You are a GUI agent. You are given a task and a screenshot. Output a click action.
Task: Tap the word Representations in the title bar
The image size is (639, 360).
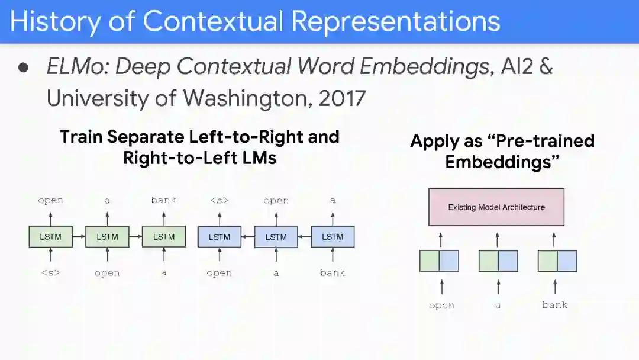[395, 21]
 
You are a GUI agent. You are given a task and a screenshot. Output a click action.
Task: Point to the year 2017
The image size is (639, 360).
[342, 98]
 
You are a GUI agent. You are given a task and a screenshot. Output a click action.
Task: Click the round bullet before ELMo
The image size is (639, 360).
[24, 67]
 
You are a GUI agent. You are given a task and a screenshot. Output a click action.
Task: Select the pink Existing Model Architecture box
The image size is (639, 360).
[496, 207]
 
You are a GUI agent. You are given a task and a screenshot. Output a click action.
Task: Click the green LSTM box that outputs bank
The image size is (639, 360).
[164, 237]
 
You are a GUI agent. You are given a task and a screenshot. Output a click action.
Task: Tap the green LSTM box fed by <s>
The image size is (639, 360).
[50, 237]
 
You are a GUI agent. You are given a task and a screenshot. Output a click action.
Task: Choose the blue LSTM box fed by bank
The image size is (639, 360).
[333, 237]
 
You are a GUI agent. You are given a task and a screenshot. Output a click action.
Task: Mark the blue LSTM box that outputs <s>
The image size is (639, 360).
[220, 237]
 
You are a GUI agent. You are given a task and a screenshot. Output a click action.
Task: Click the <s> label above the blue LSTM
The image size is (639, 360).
[220, 200]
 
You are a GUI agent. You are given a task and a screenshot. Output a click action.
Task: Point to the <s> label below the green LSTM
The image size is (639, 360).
[50, 273]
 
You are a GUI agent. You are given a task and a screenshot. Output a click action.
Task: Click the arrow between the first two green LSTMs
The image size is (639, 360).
[79, 237]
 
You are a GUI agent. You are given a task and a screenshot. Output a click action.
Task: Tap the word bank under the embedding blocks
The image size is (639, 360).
[554, 305]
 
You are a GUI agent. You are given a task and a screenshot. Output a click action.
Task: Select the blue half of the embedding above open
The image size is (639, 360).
[449, 261]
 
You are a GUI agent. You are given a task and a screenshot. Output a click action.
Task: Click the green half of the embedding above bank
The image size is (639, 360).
[547, 261]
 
